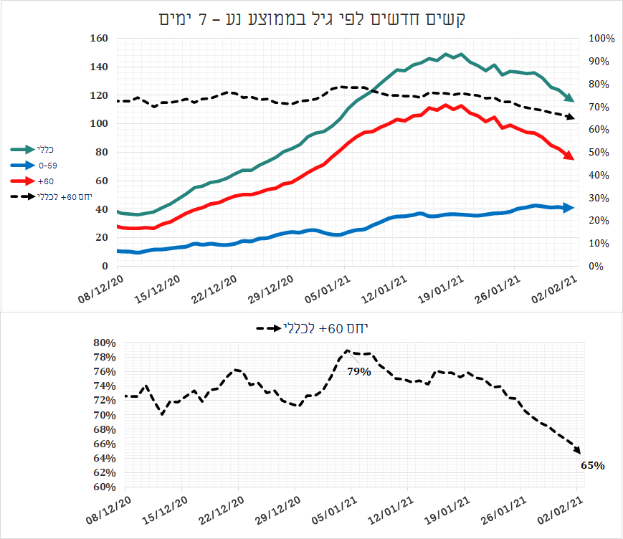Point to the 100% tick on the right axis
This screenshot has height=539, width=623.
coord(599,39)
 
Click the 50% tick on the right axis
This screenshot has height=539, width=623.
coord(598,153)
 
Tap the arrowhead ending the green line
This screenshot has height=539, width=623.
coord(569,97)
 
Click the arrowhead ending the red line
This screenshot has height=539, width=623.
coord(569,156)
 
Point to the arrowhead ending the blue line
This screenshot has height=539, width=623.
coord(569,208)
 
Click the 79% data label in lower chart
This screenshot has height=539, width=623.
coord(359,371)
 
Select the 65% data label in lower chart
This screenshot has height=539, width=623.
coord(592,465)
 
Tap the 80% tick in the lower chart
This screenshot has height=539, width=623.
coord(105,343)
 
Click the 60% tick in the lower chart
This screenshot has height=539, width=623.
coord(105,487)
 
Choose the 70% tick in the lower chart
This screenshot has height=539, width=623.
coord(105,415)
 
